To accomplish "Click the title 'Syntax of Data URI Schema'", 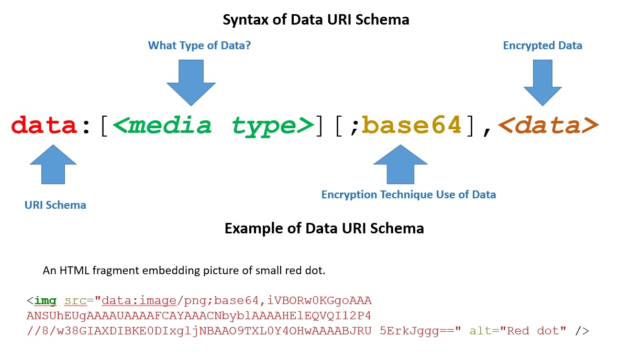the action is pos(316,20).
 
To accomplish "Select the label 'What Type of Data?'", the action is pos(199,46).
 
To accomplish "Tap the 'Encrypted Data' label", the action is pos(542,46).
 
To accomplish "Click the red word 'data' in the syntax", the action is pos(44,126).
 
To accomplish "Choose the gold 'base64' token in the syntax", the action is pos(411,126).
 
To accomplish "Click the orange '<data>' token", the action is pos(547,126).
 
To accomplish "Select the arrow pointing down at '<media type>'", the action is pos(191,81).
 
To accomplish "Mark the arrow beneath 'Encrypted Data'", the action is pos(542,81).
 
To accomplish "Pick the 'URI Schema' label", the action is pos(56,205).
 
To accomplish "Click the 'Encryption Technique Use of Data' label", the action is pos(408,195).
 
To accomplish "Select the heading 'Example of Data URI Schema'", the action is pos(324,229).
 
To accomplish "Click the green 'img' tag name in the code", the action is pos(46,301).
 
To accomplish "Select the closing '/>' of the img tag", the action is pos(582,331).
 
